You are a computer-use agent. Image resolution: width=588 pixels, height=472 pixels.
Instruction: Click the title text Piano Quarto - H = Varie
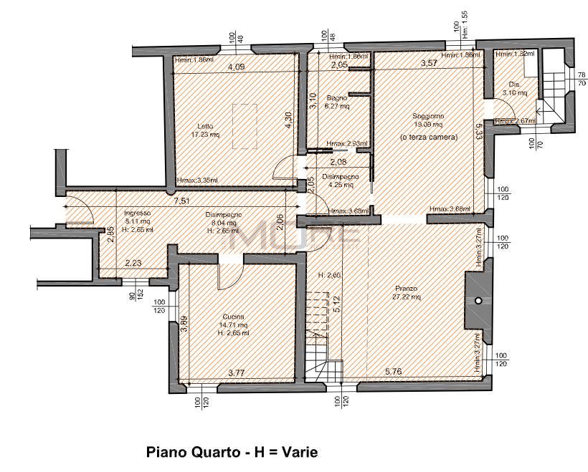click(x=231, y=453)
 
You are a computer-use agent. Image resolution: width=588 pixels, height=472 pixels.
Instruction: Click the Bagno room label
click(x=337, y=97)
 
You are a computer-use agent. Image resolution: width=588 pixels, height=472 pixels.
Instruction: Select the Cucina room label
click(x=234, y=317)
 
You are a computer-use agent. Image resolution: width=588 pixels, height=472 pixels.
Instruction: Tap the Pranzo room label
click(x=405, y=287)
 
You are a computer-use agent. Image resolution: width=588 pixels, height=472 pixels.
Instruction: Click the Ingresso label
click(x=137, y=213)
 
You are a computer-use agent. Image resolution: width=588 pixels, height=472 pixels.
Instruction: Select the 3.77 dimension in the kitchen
click(x=237, y=372)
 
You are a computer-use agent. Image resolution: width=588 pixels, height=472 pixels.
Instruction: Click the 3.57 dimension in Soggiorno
click(x=429, y=64)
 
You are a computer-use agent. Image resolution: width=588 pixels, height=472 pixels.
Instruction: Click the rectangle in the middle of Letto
click(x=245, y=126)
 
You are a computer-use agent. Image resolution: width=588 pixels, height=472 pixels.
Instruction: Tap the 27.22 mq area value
click(x=405, y=297)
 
